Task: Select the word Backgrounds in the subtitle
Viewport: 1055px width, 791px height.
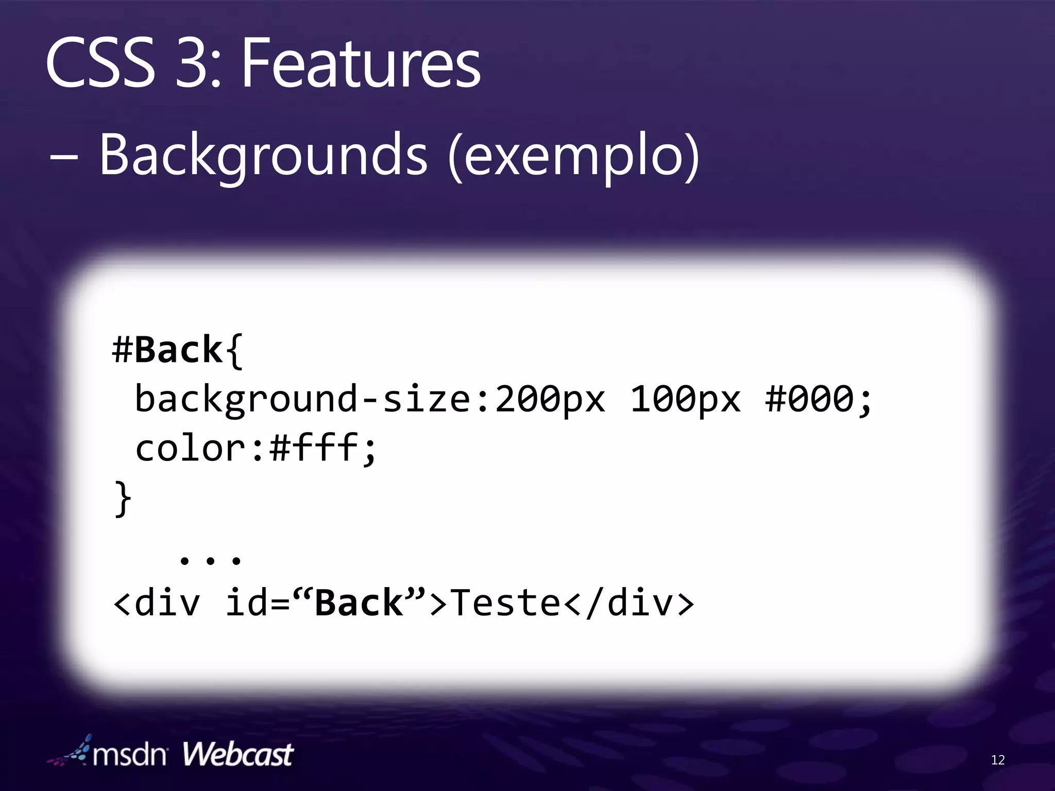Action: (263, 154)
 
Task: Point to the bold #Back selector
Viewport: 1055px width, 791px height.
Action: (167, 350)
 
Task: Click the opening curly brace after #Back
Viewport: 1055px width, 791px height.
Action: (234, 351)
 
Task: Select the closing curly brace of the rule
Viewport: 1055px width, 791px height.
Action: (123, 498)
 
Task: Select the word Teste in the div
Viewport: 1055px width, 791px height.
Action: (505, 603)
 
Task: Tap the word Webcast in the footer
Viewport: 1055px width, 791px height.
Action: (237, 755)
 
